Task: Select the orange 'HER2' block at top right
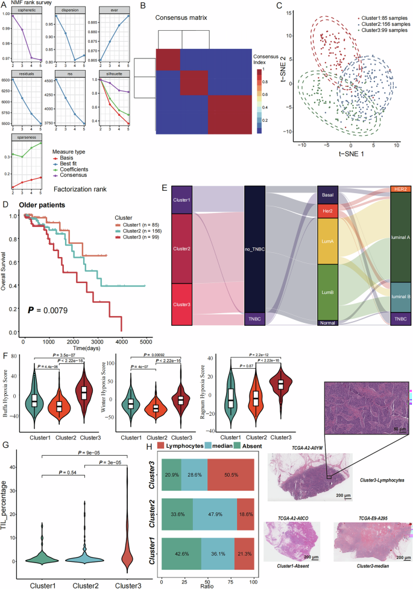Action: click(401, 189)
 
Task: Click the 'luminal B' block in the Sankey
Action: click(401, 297)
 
